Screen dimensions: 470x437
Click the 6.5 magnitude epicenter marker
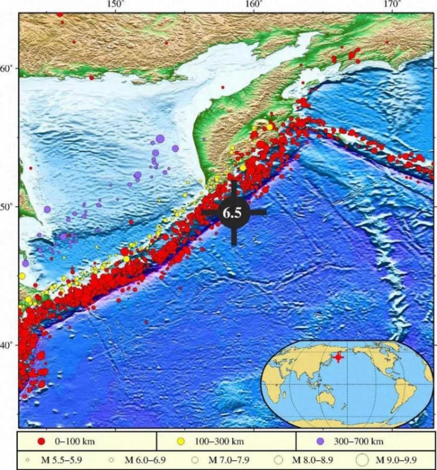(234, 212)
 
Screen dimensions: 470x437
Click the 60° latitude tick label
(6, 68)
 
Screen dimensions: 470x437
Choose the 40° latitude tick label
(6, 345)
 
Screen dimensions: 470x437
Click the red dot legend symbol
(42, 441)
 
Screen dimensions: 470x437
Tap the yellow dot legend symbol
(182, 441)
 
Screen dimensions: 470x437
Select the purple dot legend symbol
(321, 441)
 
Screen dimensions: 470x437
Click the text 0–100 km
(75, 441)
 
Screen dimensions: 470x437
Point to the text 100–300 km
(217, 441)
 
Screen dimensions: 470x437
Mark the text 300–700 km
(356, 441)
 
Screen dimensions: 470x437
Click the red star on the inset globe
(338, 357)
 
